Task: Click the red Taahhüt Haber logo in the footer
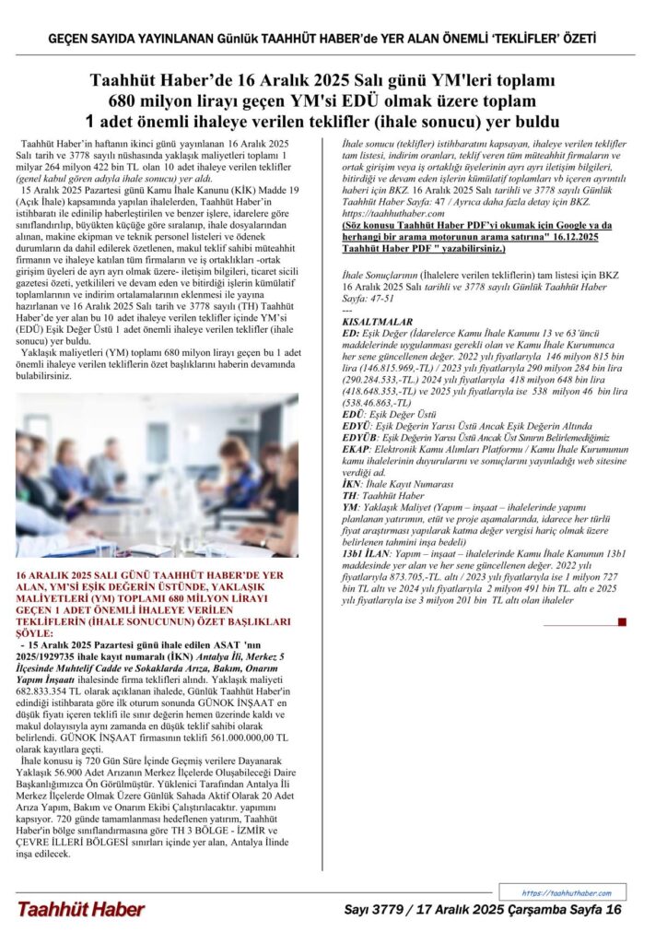(80, 909)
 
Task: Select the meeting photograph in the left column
(157, 475)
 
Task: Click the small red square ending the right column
(622, 622)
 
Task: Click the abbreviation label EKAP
(357, 448)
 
